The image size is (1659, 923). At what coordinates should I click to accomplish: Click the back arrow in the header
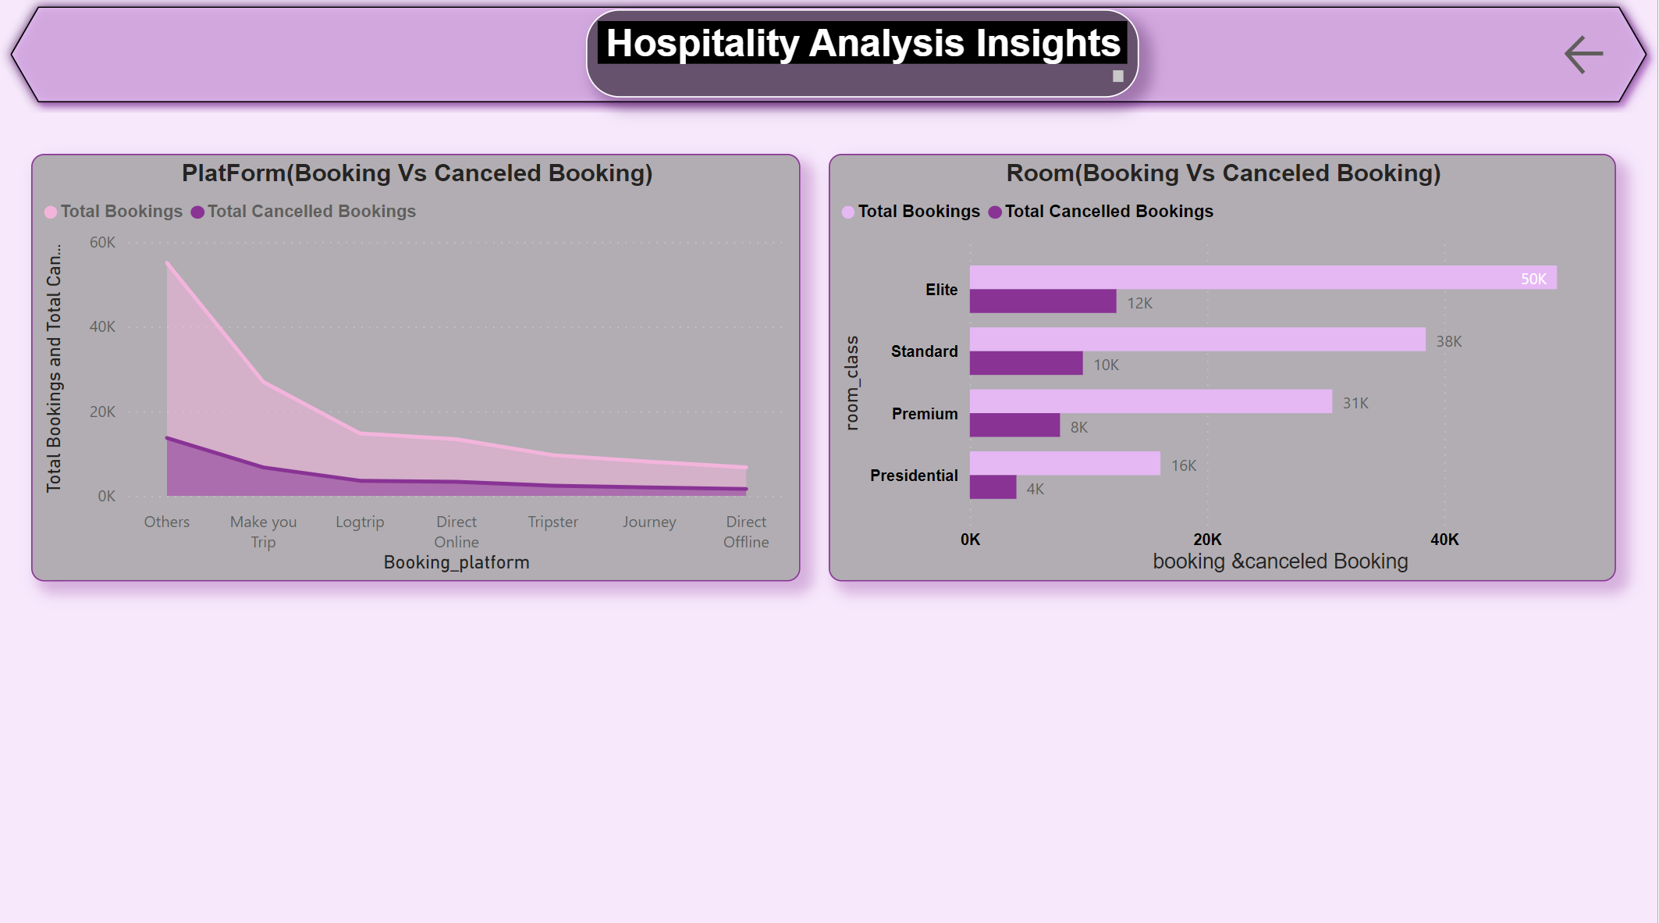pyautogui.click(x=1583, y=55)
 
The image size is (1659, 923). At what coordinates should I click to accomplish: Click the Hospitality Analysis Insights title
pyautogui.click(x=862, y=44)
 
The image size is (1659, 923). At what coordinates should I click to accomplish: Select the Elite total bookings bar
pyautogui.click(x=1249, y=277)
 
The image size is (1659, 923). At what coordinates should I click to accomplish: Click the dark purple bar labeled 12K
pyautogui.click(x=1043, y=301)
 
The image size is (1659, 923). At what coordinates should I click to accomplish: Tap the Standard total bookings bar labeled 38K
pyautogui.click(x=1197, y=340)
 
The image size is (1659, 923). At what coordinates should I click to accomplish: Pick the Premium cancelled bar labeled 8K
pyautogui.click(x=1014, y=426)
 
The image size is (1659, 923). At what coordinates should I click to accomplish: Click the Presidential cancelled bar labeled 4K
pyautogui.click(x=993, y=487)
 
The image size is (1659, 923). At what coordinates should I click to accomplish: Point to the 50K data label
pyautogui.click(x=1533, y=279)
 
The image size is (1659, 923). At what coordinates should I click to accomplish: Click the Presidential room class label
pyautogui.click(x=914, y=476)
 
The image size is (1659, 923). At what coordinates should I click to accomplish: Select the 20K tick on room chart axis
pyautogui.click(x=1207, y=540)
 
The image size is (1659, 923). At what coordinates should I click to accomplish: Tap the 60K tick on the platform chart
pyautogui.click(x=102, y=243)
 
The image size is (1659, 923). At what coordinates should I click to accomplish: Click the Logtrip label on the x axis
pyautogui.click(x=360, y=522)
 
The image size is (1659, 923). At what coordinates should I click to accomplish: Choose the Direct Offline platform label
pyautogui.click(x=746, y=532)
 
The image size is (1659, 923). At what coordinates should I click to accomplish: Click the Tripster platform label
pyautogui.click(x=552, y=522)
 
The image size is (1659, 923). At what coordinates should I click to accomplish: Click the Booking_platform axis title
pyautogui.click(x=456, y=562)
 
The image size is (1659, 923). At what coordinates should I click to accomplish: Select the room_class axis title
pyautogui.click(x=852, y=383)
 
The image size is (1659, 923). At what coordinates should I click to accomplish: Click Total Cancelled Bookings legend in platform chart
pyautogui.click(x=311, y=212)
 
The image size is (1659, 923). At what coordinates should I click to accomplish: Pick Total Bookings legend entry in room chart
pyautogui.click(x=918, y=212)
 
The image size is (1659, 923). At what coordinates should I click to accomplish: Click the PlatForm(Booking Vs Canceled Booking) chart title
pyautogui.click(x=417, y=173)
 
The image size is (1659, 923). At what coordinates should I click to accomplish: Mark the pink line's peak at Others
pyautogui.click(x=168, y=264)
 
